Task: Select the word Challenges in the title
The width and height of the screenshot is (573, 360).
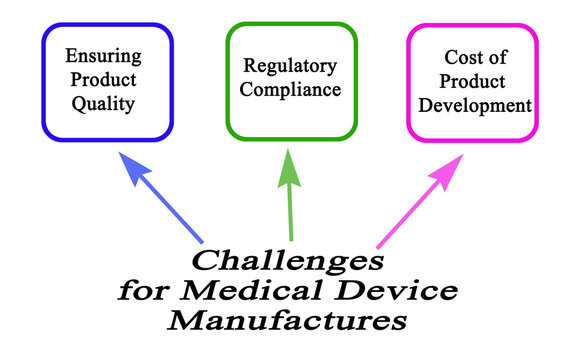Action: [x=287, y=262]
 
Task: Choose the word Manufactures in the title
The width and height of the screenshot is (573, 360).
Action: [x=287, y=321]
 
